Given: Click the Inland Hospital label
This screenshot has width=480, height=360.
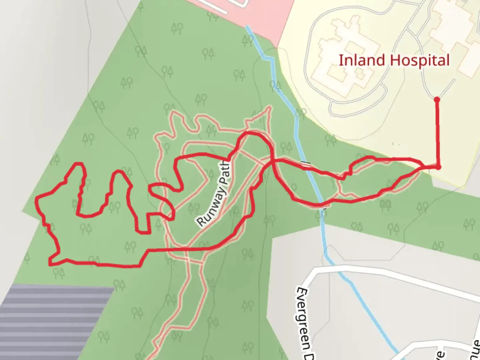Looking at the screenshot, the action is [394, 61].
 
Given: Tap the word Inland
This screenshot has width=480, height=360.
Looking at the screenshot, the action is [362, 61].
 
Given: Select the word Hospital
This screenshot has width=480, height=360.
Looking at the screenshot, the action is [419, 61].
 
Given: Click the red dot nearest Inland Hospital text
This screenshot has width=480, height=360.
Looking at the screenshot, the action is [437, 99].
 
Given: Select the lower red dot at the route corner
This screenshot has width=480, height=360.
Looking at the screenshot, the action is [438, 167].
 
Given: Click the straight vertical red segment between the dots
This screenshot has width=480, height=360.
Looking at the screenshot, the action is [437, 133].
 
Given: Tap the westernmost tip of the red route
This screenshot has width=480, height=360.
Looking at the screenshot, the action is [36, 200].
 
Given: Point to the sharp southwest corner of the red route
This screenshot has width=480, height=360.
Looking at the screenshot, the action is [50, 264].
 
